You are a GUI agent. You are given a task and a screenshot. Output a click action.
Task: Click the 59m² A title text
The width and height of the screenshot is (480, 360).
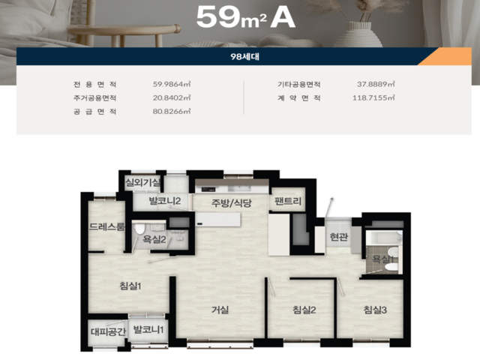click(x=245, y=17)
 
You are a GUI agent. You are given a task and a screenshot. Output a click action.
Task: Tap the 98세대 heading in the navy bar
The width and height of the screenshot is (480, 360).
click(x=245, y=57)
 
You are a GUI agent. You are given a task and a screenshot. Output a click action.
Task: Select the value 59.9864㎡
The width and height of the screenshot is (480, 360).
click(x=172, y=84)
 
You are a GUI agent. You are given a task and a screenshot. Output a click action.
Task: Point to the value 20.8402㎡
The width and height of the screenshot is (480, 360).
click(x=172, y=97)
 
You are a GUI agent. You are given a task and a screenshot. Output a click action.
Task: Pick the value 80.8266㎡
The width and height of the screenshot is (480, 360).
click(x=172, y=111)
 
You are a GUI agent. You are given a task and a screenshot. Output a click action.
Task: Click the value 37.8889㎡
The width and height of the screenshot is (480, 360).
click(x=376, y=84)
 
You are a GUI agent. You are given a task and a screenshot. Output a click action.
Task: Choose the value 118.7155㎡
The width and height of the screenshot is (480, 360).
click(x=373, y=97)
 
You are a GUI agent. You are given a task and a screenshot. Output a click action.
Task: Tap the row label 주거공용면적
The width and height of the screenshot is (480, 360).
click(x=95, y=98)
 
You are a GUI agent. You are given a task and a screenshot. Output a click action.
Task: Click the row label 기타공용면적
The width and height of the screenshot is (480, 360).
click(x=299, y=84)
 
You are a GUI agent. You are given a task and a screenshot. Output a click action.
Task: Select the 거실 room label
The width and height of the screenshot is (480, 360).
click(x=220, y=310)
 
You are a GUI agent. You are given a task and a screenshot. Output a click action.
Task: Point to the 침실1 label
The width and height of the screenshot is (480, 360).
click(x=130, y=286)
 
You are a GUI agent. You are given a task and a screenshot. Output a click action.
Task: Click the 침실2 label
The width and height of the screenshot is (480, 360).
click(x=304, y=310)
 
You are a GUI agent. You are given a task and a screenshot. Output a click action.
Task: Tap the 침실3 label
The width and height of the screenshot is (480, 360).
click(x=375, y=310)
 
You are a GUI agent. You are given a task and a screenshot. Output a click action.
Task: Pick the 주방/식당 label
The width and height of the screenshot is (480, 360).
click(x=232, y=202)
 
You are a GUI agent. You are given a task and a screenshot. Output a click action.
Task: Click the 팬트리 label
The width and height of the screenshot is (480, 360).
click(x=288, y=201)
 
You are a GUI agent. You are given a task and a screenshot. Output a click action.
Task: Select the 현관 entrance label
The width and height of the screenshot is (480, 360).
click(x=339, y=237)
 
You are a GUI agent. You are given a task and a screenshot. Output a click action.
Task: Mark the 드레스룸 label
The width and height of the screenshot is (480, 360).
click(x=106, y=226)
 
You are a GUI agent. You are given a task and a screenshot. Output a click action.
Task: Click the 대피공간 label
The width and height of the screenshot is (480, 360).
click(x=108, y=331)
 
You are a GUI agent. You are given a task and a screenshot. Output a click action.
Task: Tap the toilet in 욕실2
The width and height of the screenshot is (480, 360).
click(x=139, y=229)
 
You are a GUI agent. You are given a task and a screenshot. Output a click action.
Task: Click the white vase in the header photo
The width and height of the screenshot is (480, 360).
click(x=358, y=35)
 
